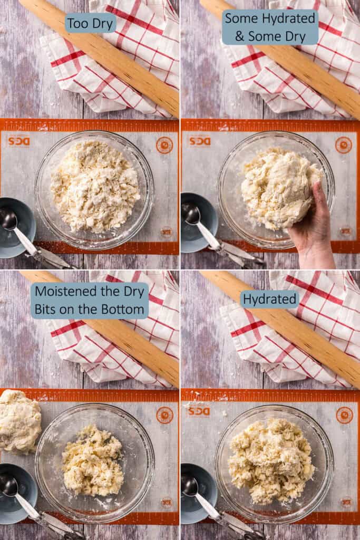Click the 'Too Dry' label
[x=90, y=23]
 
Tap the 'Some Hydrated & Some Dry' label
[x=270, y=27]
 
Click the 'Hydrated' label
[x=269, y=300]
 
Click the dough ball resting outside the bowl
[x=19, y=421]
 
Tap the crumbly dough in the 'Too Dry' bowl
[x=95, y=187]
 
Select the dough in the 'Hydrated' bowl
[x=271, y=460]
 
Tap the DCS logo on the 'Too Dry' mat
[x=18, y=141]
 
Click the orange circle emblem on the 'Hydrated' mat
[x=345, y=415]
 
